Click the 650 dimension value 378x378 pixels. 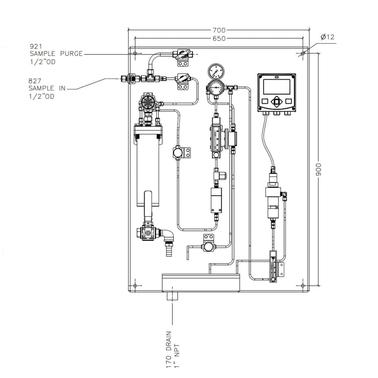point(219,38)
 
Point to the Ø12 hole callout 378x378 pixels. point(327,37)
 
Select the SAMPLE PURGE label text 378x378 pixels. point(56,54)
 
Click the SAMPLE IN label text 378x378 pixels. point(47,89)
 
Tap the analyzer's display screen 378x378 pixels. point(276,87)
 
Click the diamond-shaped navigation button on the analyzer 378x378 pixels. point(276,102)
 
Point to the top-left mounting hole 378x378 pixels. point(135,54)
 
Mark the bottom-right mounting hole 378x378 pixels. point(303,286)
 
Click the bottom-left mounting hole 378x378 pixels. point(135,286)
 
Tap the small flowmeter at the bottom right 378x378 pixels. point(273,266)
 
